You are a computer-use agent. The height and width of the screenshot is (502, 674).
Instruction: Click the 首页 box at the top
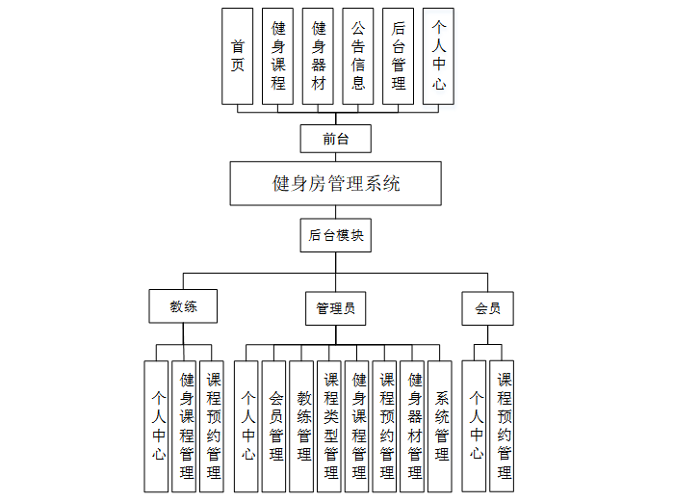click(x=237, y=56)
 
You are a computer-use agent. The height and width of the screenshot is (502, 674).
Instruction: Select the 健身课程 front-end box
click(x=277, y=56)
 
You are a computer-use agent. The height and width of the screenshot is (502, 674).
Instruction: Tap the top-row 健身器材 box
click(x=318, y=56)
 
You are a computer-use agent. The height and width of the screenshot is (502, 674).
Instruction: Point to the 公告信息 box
click(x=357, y=56)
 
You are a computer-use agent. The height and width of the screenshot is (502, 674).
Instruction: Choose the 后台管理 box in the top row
click(x=398, y=56)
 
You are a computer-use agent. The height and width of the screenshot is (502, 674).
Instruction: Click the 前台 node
click(x=335, y=139)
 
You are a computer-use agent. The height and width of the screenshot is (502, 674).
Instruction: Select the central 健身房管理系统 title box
click(x=336, y=183)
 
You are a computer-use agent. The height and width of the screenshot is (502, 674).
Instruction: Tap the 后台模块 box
click(x=335, y=235)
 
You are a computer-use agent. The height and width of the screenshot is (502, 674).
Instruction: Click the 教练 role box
click(x=183, y=306)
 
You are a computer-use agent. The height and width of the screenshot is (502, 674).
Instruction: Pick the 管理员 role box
click(x=335, y=308)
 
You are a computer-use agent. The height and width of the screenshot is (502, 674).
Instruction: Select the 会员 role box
click(x=487, y=308)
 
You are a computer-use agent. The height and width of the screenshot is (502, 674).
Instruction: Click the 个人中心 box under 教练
click(x=157, y=425)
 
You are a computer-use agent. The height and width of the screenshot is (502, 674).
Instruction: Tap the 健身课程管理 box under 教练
click(x=186, y=425)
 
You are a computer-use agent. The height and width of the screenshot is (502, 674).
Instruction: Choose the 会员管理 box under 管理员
click(x=275, y=425)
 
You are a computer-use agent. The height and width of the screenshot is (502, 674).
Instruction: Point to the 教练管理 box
click(x=303, y=425)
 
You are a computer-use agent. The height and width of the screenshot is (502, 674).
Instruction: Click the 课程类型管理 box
click(x=330, y=425)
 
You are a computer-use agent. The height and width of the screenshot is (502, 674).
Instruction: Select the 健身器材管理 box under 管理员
click(x=414, y=425)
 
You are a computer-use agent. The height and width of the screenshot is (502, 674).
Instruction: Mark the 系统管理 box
click(x=441, y=425)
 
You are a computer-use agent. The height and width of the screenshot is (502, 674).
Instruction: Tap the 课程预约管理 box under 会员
click(x=503, y=425)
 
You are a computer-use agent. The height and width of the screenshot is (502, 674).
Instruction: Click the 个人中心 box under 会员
click(x=475, y=425)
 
